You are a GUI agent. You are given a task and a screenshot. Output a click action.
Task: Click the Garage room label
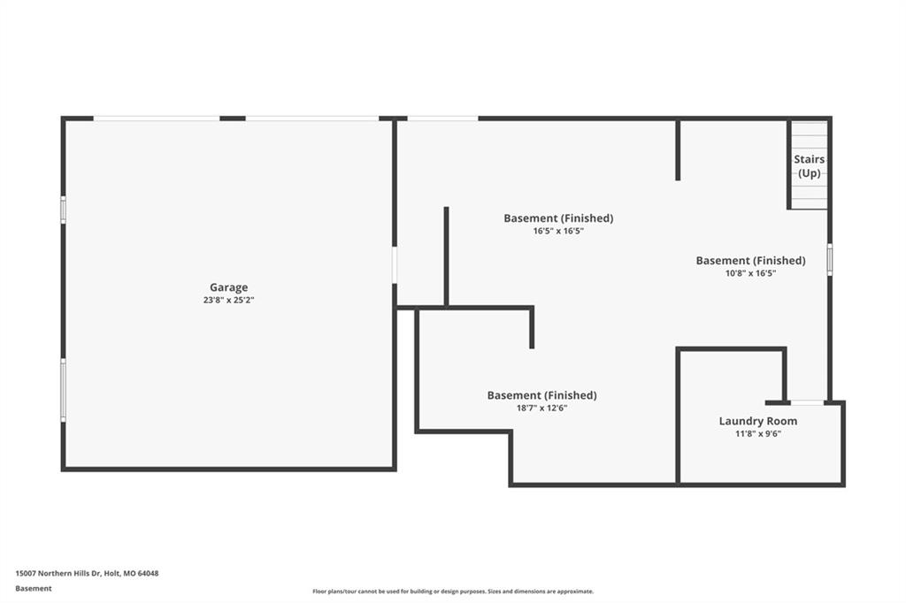[229, 287]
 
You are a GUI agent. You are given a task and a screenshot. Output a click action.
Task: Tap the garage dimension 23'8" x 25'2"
[229, 301]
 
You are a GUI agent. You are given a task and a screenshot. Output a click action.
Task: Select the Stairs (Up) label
[809, 165]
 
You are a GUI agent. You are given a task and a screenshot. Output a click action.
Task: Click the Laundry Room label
[758, 421]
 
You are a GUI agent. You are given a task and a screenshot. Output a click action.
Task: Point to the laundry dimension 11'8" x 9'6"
[758, 434]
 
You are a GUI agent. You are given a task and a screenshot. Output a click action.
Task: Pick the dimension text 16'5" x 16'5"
[558, 231]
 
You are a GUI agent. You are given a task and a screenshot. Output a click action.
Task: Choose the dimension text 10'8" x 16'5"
[750, 273]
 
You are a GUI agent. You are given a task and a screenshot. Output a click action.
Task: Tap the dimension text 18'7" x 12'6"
[542, 408]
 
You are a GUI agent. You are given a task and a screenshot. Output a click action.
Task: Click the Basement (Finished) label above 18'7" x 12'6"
[542, 395]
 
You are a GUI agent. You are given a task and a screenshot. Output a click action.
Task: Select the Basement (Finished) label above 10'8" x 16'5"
[750, 261]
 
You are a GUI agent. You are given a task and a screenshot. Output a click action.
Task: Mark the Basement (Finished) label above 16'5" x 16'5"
[558, 218]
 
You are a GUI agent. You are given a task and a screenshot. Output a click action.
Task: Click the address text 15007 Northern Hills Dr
[58, 574]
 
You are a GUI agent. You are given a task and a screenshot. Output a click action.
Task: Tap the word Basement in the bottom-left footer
[34, 589]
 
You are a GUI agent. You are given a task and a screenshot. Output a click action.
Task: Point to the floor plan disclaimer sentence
[453, 592]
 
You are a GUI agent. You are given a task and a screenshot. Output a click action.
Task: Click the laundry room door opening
[807, 402]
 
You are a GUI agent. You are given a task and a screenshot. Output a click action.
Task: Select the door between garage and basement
[395, 265]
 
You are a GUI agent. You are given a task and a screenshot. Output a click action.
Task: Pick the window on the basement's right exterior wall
[830, 259]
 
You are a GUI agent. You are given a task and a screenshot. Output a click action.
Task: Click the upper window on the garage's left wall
[63, 209]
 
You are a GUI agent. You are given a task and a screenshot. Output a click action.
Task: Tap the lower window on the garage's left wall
[63, 390]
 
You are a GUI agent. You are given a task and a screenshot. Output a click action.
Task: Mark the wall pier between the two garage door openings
[233, 118]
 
